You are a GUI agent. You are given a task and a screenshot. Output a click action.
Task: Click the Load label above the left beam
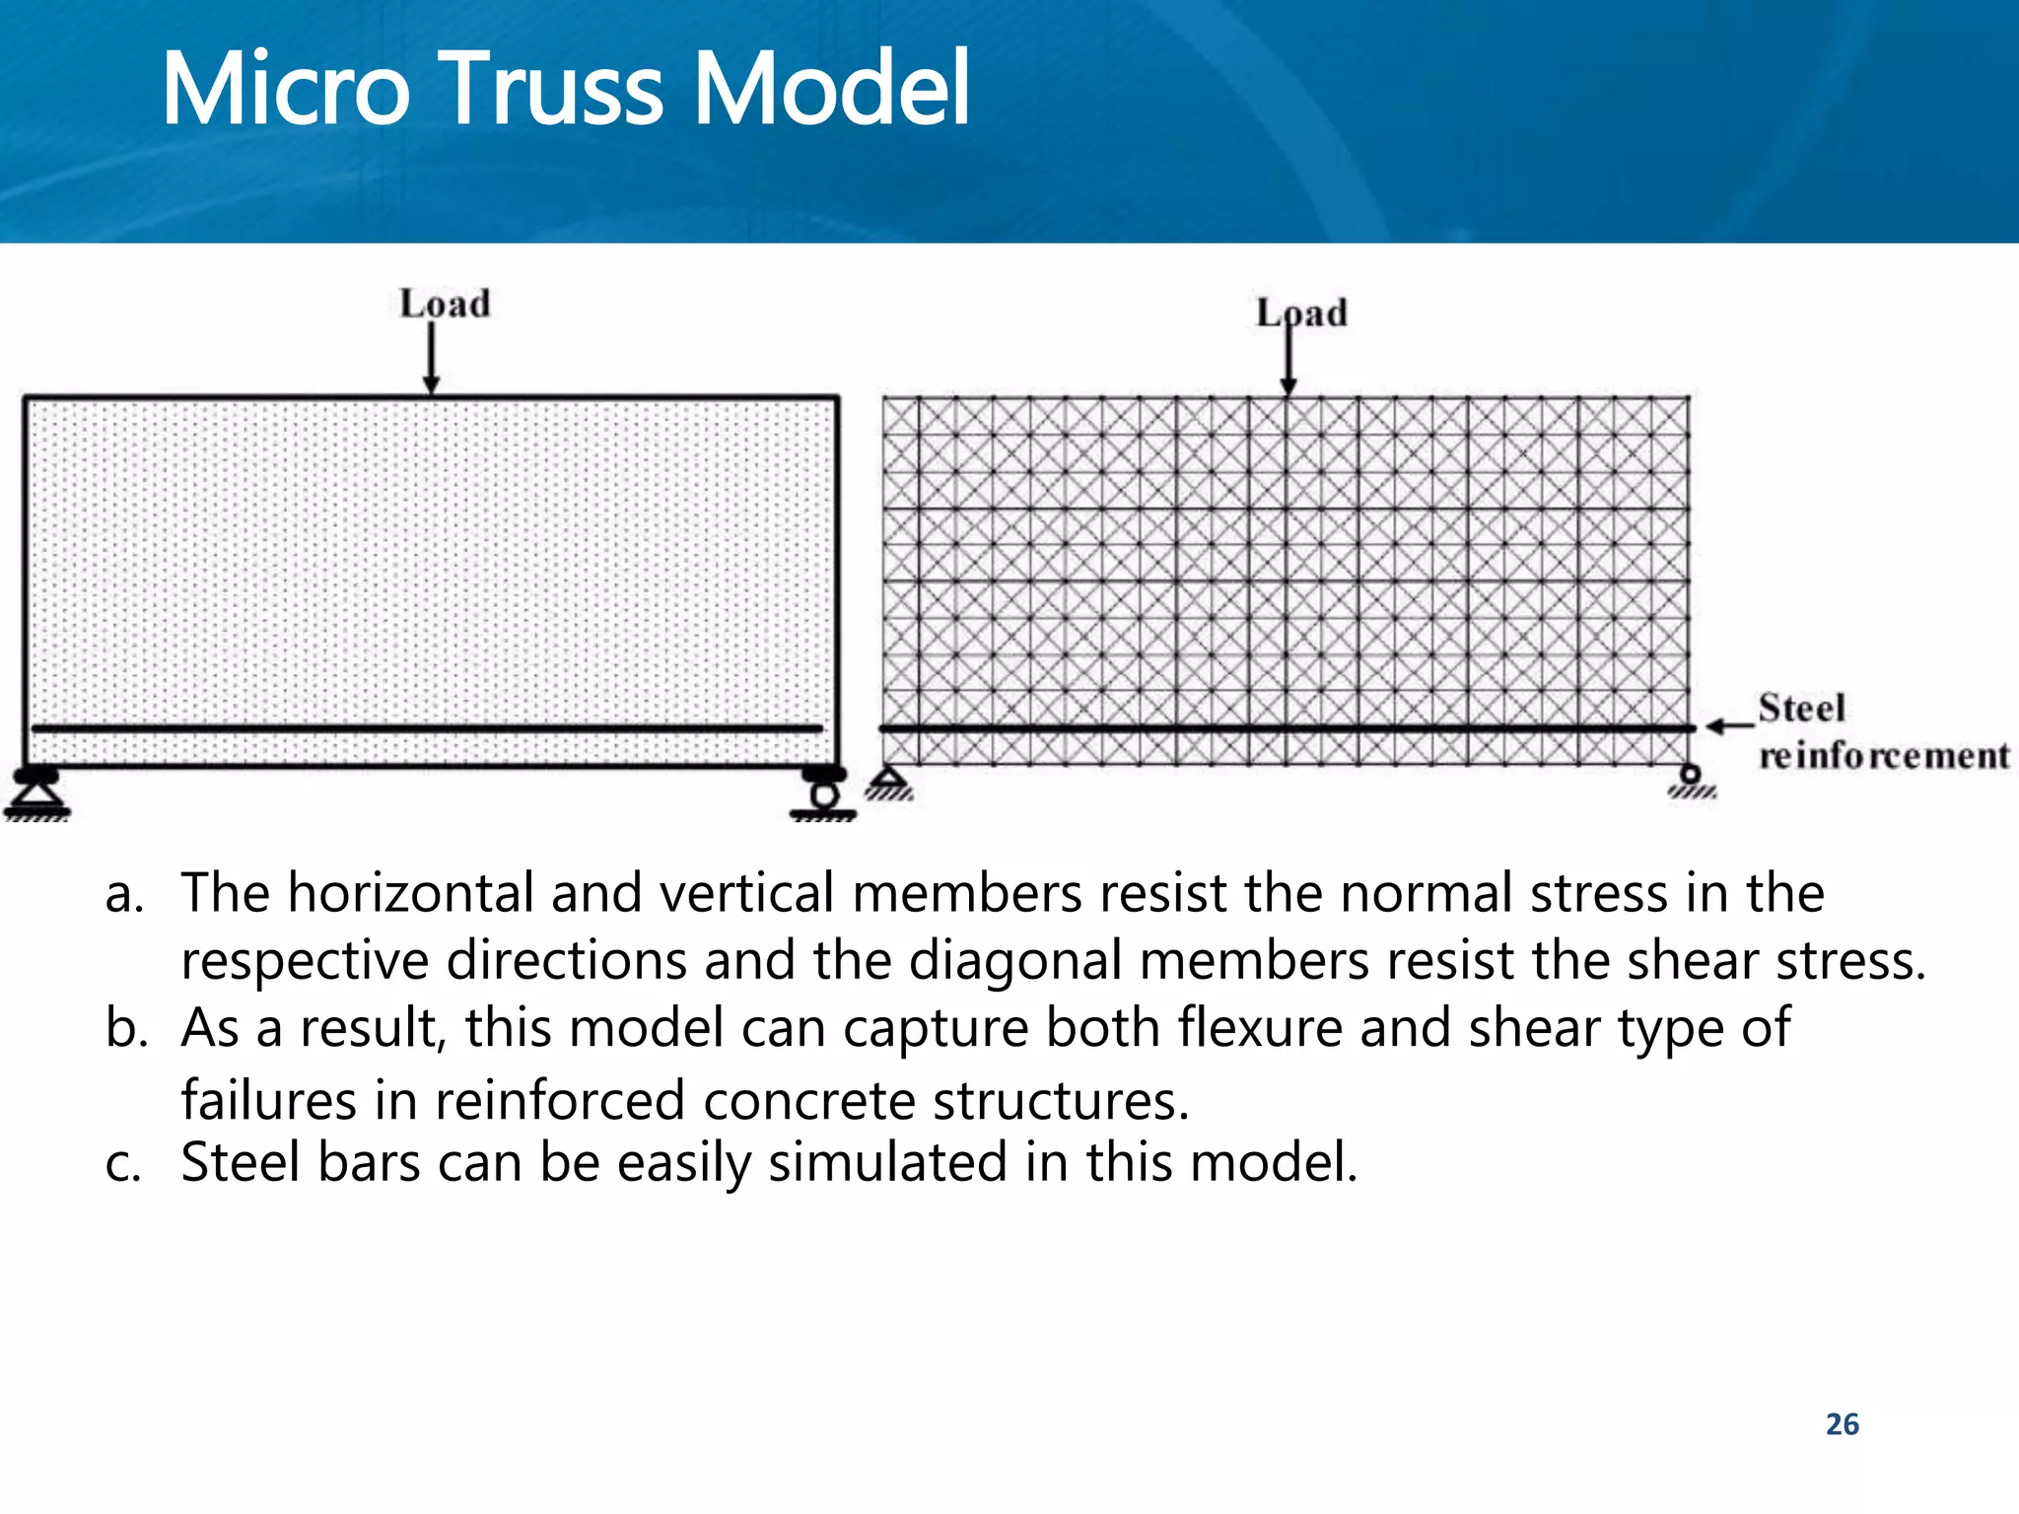pyautogui.click(x=445, y=304)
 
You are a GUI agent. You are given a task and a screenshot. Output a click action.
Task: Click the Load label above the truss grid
pyautogui.click(x=1301, y=313)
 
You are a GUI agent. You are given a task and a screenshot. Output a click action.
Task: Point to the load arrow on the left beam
pyautogui.click(x=431, y=358)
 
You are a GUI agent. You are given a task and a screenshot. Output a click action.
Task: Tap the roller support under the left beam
pyautogui.click(x=824, y=793)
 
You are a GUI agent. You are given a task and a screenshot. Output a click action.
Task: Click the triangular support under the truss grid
pyautogui.click(x=890, y=783)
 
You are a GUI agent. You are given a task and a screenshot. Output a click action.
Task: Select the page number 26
pyautogui.click(x=1842, y=1424)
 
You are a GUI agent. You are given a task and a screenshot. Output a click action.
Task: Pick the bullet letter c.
pyautogui.click(x=123, y=1163)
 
